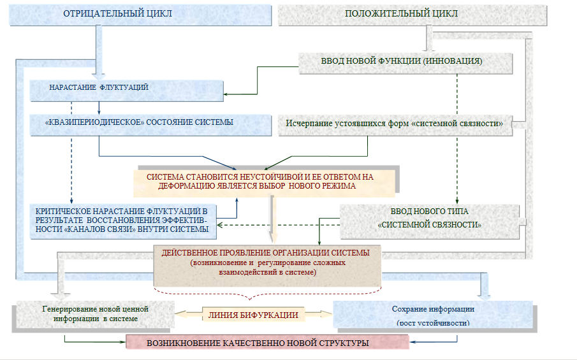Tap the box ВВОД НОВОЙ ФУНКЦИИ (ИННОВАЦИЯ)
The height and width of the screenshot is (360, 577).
click(x=405, y=62)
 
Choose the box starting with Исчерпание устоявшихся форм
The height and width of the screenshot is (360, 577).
click(x=395, y=124)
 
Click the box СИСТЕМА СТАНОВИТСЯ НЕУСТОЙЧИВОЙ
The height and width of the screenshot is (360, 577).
click(x=265, y=182)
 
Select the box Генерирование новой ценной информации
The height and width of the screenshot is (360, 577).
click(x=94, y=313)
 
